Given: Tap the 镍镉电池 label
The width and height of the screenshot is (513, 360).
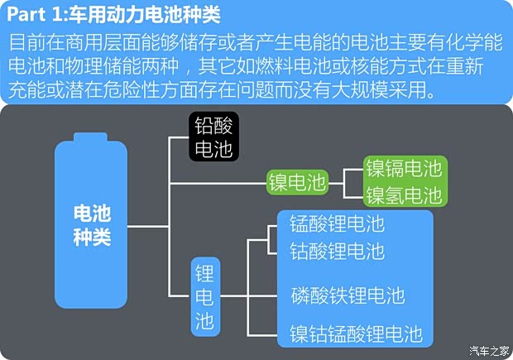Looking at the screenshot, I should pos(404,170).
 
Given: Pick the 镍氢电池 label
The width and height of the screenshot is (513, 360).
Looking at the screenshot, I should pos(404,195).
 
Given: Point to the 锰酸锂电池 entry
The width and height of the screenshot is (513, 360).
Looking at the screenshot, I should pos(337,223).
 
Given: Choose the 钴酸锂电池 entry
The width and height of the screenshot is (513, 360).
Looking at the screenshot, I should pos(337,250).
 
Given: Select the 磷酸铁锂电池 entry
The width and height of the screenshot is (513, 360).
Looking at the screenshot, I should pos(347,295).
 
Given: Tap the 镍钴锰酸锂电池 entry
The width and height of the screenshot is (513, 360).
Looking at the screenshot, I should pos(356,334).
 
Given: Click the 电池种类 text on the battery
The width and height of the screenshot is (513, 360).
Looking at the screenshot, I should pos(91,226).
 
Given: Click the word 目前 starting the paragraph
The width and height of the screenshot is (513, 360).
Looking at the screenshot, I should pos(26,42).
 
